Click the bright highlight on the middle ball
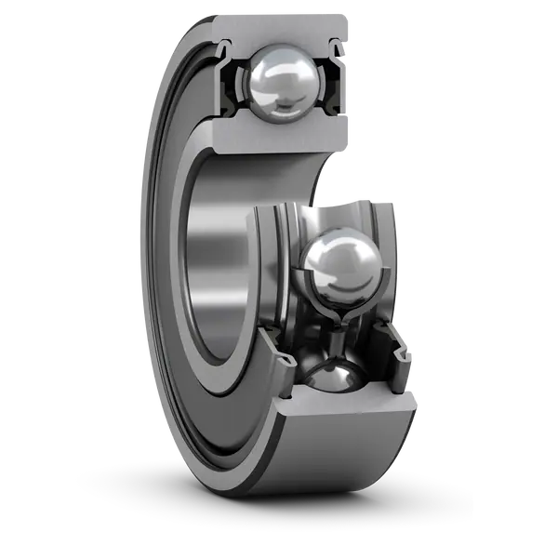[332, 251]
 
